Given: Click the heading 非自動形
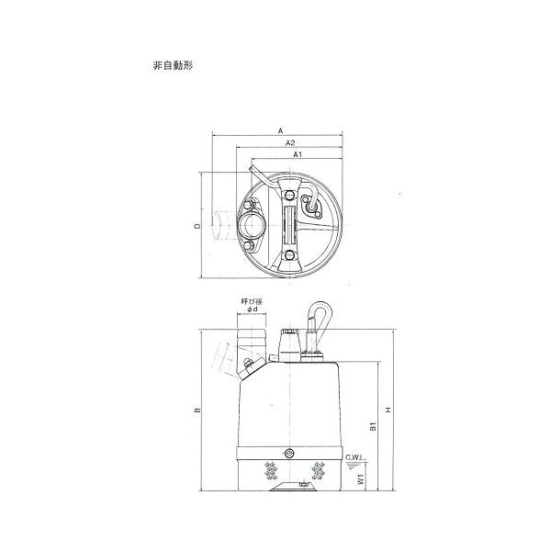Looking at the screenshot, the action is (x=173, y=65).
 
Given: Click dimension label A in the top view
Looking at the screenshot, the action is (x=280, y=131).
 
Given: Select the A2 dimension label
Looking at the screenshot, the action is (x=290, y=142).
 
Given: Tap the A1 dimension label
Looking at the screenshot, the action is (x=298, y=154).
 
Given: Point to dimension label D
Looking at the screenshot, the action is (x=198, y=226).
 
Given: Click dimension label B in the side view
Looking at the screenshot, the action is (x=197, y=410).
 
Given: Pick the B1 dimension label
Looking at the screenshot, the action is (x=374, y=426).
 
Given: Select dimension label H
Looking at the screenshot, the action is (x=388, y=410).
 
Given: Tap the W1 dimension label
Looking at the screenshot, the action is (x=361, y=478).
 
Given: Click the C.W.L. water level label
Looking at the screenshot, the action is (x=355, y=458).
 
